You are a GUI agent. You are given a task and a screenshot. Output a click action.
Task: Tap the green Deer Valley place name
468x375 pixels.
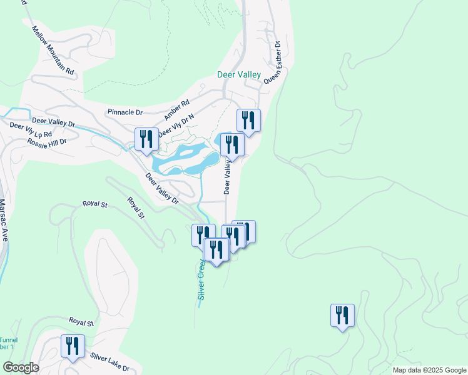coord(239,74)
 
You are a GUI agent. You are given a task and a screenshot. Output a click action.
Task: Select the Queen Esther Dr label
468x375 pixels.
coord(274,62)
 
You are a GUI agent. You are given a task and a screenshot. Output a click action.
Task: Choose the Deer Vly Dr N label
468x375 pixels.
coord(177,126)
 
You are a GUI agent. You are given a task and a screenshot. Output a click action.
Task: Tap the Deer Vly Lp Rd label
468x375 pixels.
coord(31,130)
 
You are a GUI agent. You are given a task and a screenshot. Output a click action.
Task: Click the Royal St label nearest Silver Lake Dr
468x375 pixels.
coord(81,322)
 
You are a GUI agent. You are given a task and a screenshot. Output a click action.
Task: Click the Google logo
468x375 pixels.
coord(21,367)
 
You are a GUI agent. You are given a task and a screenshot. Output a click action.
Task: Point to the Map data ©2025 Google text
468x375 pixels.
coord(429,370)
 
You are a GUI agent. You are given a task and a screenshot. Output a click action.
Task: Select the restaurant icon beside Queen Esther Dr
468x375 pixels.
coord(248,121)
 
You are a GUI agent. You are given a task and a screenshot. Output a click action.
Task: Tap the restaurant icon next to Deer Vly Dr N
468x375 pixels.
coord(146,139)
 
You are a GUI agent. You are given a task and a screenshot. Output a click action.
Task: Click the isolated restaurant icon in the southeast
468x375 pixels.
coord(342,314)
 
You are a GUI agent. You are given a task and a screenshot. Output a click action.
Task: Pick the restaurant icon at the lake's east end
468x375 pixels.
coord(232,144)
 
